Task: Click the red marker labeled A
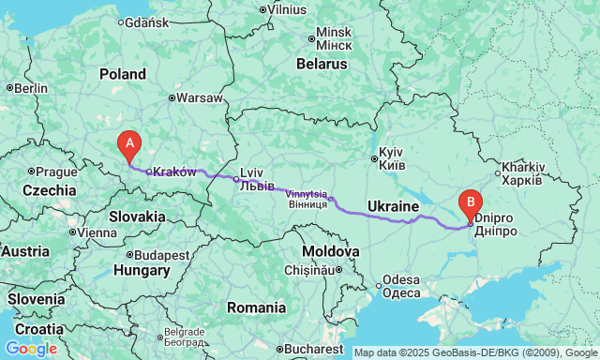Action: tap(128, 145)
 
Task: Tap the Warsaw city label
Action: tap(201, 97)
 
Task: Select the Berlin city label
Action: tap(30, 88)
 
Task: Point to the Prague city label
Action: tap(57, 172)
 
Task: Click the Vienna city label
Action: tap(97, 232)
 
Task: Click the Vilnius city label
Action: tap(286, 8)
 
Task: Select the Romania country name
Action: tap(256, 307)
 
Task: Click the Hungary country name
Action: tap(142, 271)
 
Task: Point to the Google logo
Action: tap(31, 349)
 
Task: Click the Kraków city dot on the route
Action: tap(148, 172)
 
